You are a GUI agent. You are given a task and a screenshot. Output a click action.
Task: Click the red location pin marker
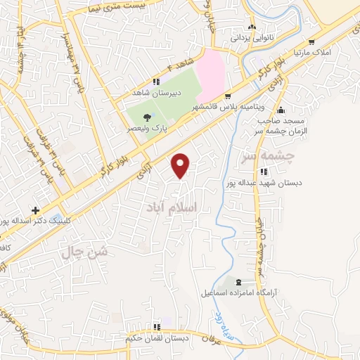[x=181, y=165]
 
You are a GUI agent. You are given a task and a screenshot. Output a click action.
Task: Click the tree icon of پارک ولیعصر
[x=146, y=117]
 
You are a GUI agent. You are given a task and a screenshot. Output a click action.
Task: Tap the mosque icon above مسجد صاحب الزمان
[x=281, y=110]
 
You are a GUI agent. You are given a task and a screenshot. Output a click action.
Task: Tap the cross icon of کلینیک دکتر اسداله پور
[x=35, y=210]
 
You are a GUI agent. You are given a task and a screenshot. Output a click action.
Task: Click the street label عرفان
[x=212, y=338]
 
